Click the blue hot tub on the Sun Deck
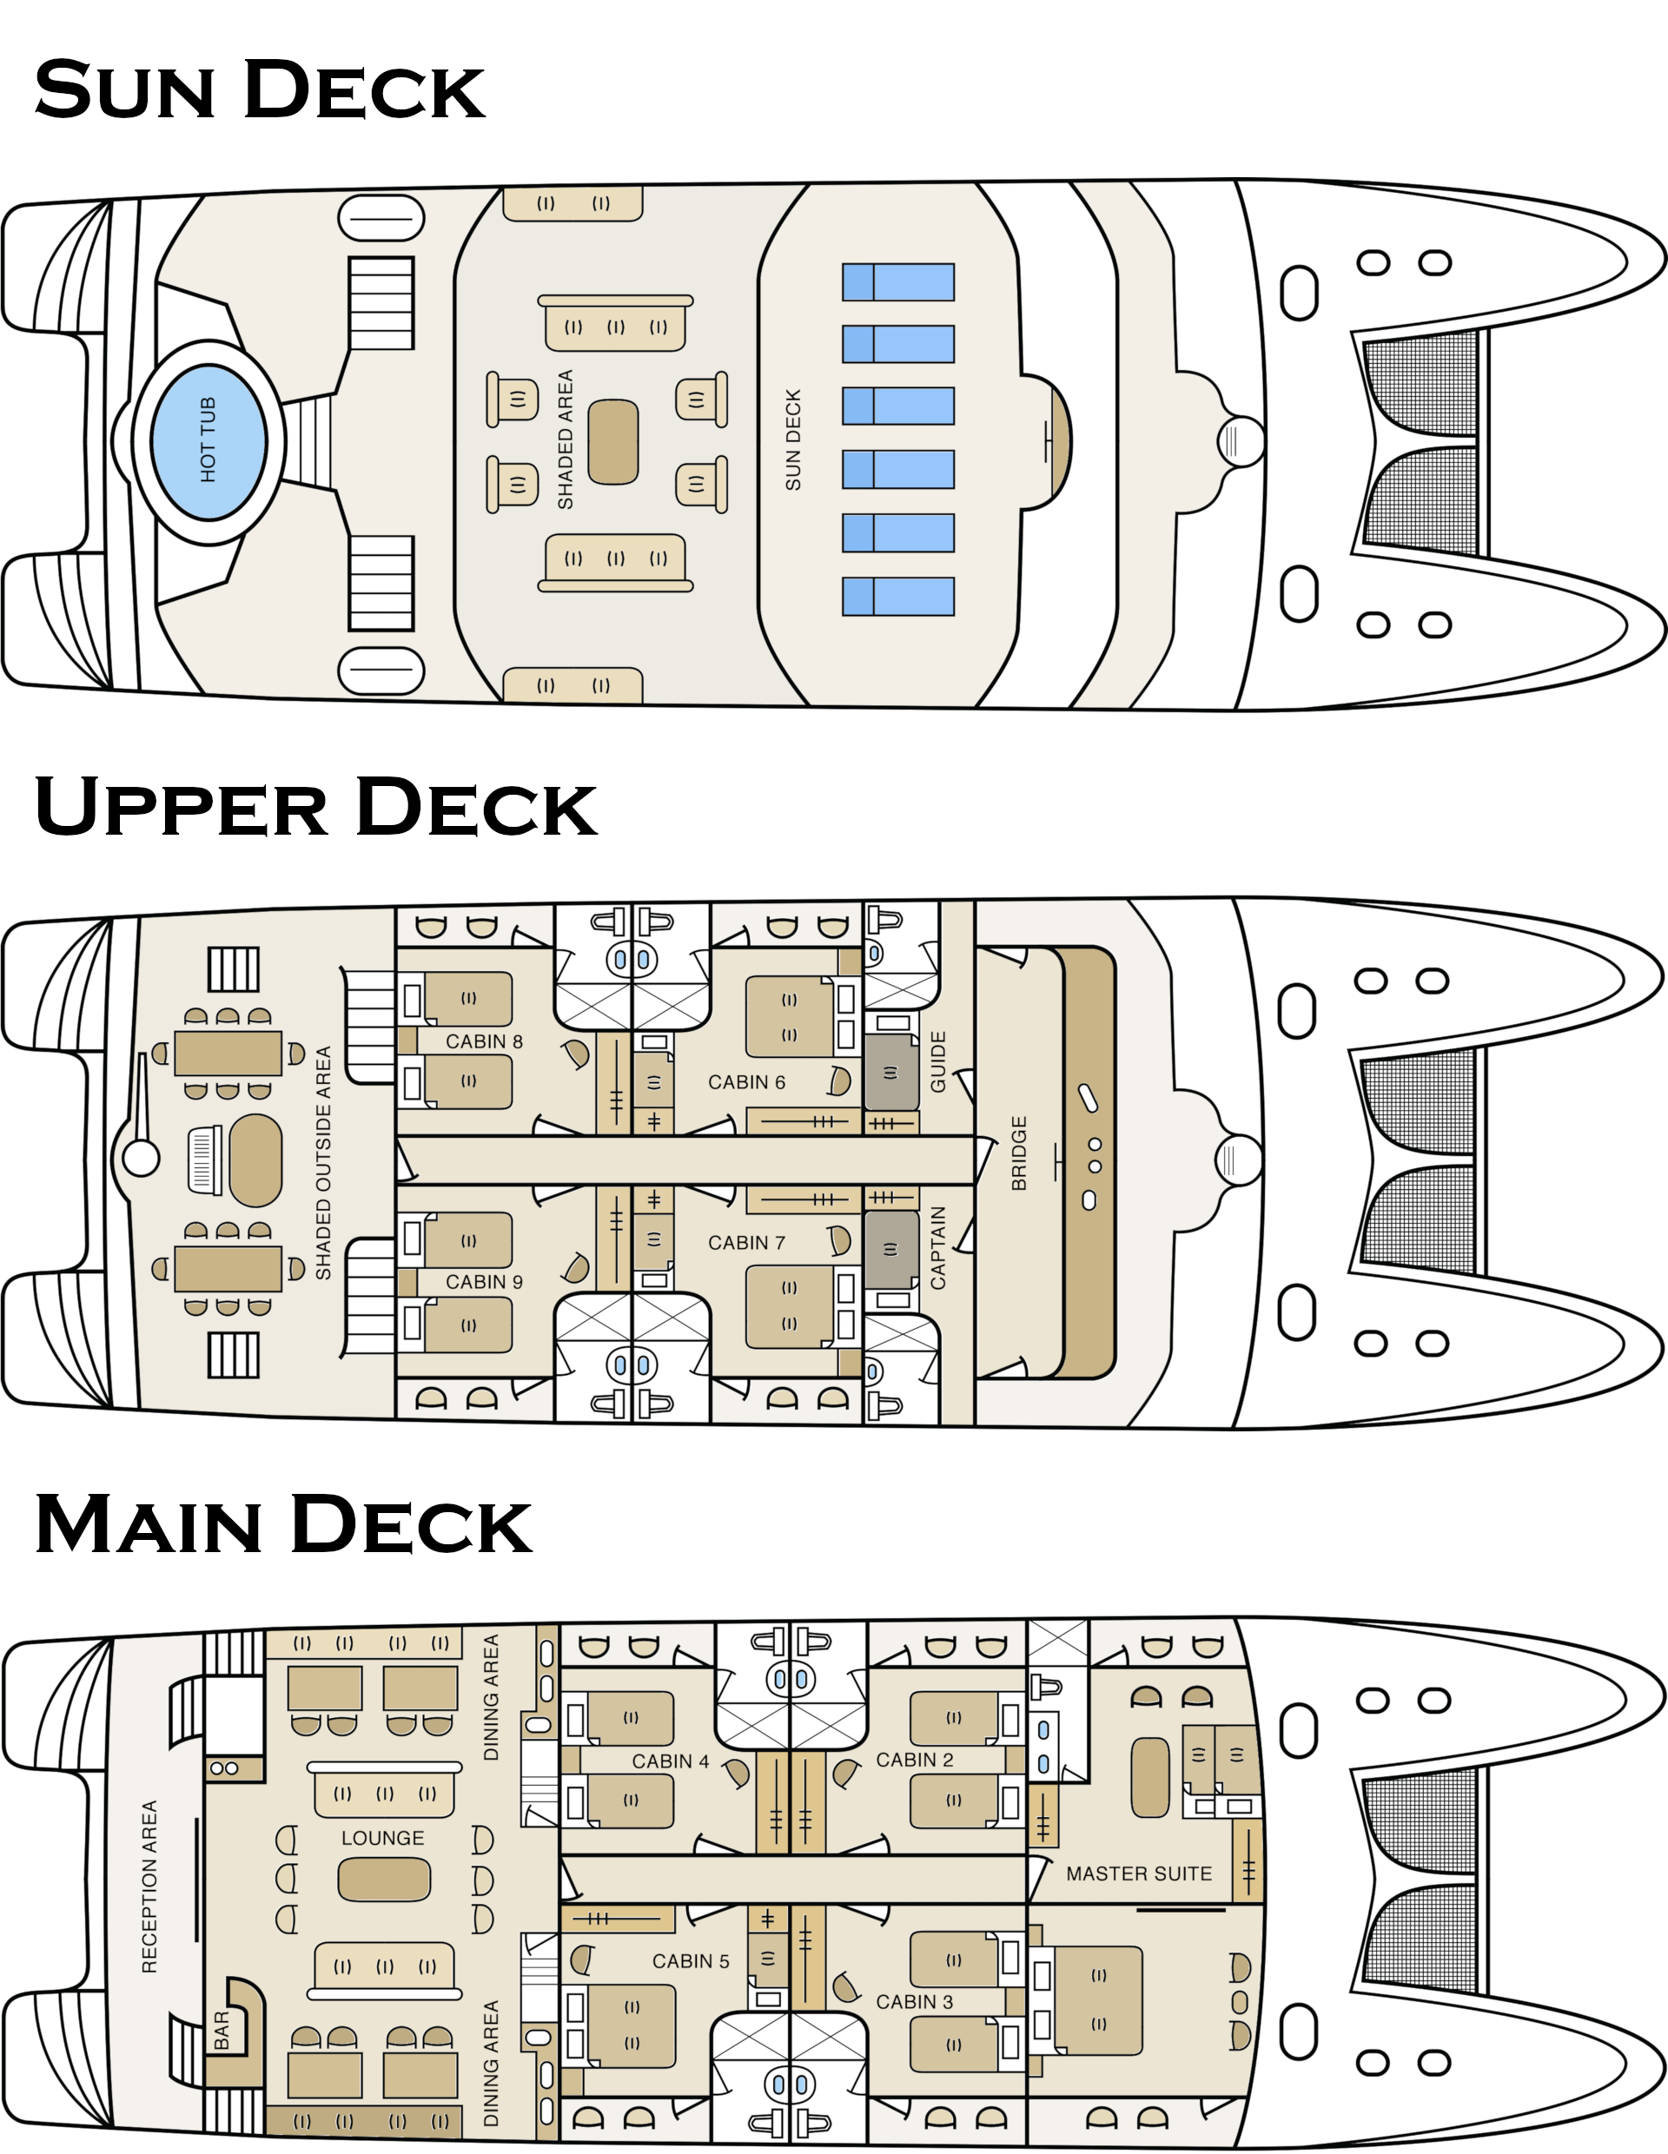(208, 441)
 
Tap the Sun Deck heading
(260, 89)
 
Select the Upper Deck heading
(315, 807)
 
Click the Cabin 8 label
(483, 1041)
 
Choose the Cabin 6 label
(747, 1082)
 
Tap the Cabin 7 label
(747, 1243)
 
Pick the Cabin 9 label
(483, 1282)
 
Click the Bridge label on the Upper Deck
(1019, 1153)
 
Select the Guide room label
(938, 1061)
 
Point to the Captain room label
(938, 1247)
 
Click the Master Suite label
(1138, 1874)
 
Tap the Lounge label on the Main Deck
(383, 1839)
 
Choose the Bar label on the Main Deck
(222, 2031)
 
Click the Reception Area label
(149, 1886)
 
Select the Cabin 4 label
(670, 1761)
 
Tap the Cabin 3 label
(915, 2002)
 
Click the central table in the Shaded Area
(612, 442)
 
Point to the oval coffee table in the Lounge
(385, 1880)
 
